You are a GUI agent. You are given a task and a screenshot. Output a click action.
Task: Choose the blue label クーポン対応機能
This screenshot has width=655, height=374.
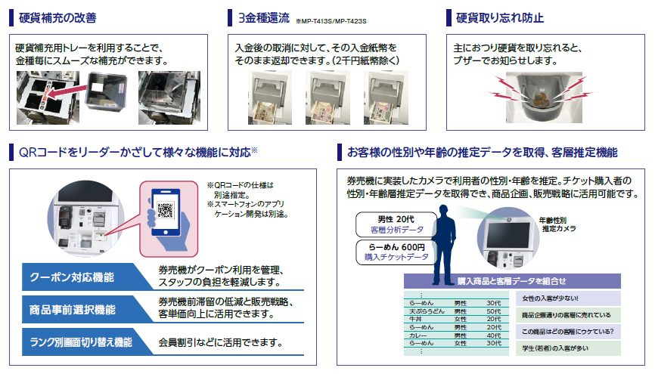[73, 277]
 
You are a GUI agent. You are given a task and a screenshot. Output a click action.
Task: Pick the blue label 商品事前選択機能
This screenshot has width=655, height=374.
[73, 309]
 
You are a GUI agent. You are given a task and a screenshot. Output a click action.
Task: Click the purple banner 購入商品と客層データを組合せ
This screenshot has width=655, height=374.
[512, 280]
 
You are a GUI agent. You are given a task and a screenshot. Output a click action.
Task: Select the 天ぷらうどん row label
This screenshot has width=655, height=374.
[425, 311]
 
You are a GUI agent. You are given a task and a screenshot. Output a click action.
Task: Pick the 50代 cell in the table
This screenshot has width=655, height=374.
[493, 311]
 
